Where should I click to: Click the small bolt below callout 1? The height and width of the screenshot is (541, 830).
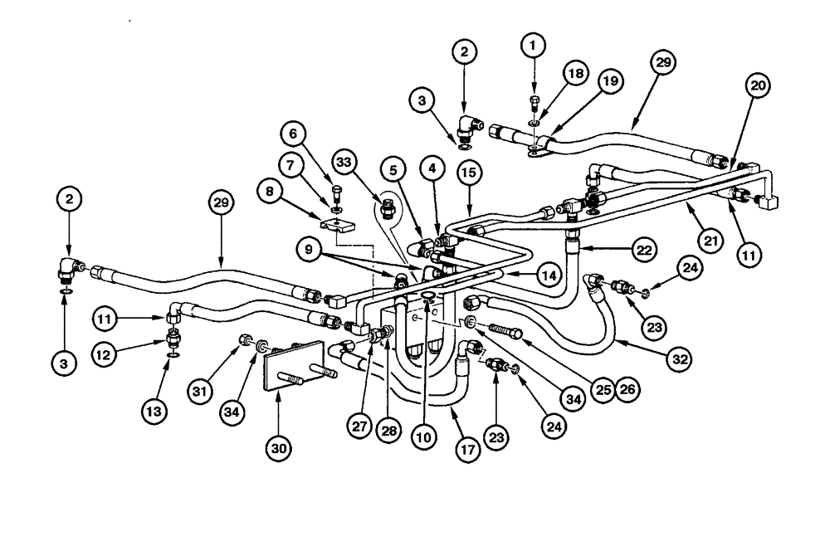[535, 105]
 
